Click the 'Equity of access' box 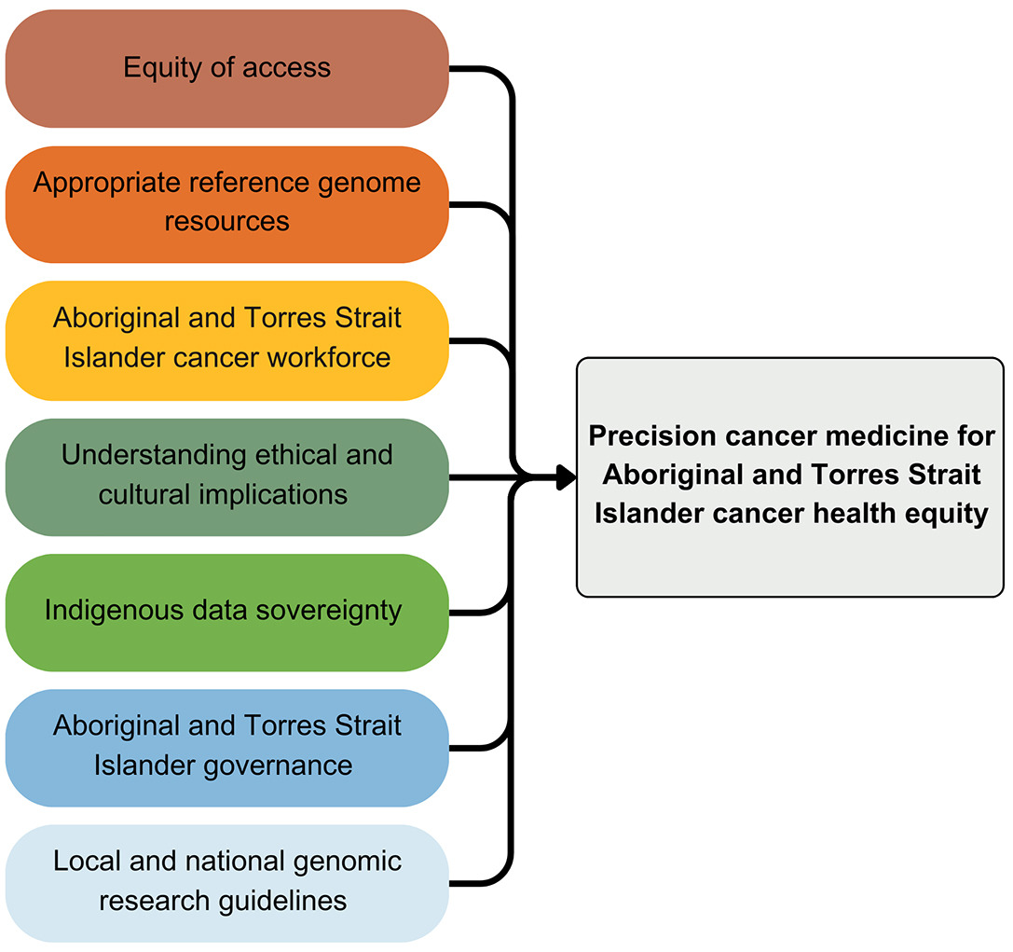pos(226,69)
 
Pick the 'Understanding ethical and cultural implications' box pos(226,476)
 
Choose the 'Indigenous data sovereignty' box pos(226,612)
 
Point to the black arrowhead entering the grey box pos(565,477)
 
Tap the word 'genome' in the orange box pos(369,183)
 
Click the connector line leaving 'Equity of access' pos(480,69)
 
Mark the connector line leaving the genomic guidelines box pos(480,883)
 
